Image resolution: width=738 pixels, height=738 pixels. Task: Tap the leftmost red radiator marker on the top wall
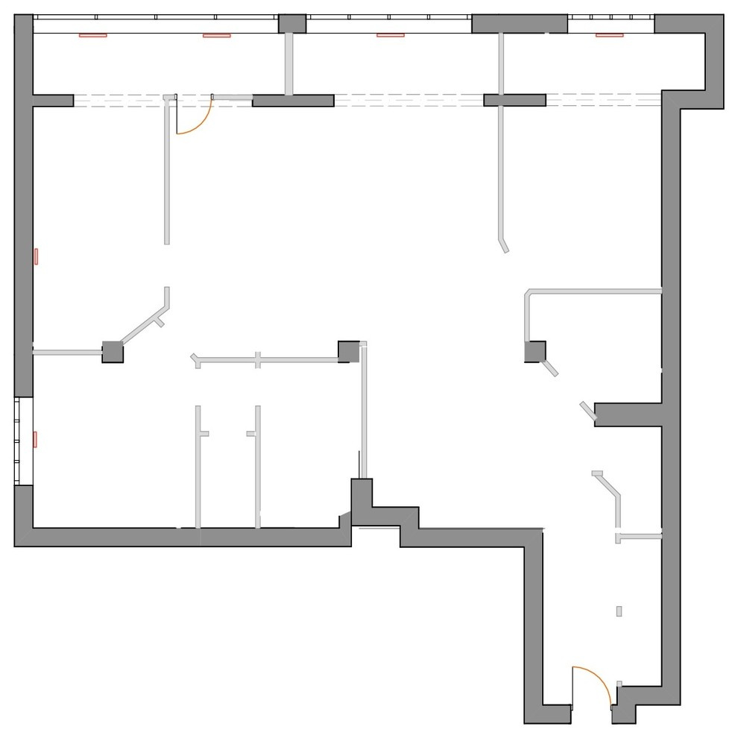click(93, 34)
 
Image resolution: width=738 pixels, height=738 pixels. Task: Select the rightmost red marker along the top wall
click(608, 34)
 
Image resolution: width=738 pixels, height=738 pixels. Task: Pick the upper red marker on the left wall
click(35, 256)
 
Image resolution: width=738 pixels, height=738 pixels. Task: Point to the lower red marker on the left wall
click(35, 439)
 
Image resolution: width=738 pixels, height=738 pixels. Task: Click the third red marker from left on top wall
click(390, 34)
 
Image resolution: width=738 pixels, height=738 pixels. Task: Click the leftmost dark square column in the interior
click(113, 352)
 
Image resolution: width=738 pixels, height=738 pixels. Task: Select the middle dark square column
click(348, 352)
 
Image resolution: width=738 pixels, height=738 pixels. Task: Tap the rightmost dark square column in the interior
click(534, 352)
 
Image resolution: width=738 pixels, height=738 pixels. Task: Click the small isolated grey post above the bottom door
click(619, 611)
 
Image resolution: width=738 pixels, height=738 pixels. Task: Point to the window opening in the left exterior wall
click(24, 441)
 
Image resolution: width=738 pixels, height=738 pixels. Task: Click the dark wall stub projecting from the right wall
click(628, 414)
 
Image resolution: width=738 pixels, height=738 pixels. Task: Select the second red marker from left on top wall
click(217, 34)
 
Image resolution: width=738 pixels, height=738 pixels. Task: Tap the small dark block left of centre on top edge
click(292, 23)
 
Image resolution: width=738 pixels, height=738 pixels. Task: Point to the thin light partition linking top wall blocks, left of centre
click(290, 64)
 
